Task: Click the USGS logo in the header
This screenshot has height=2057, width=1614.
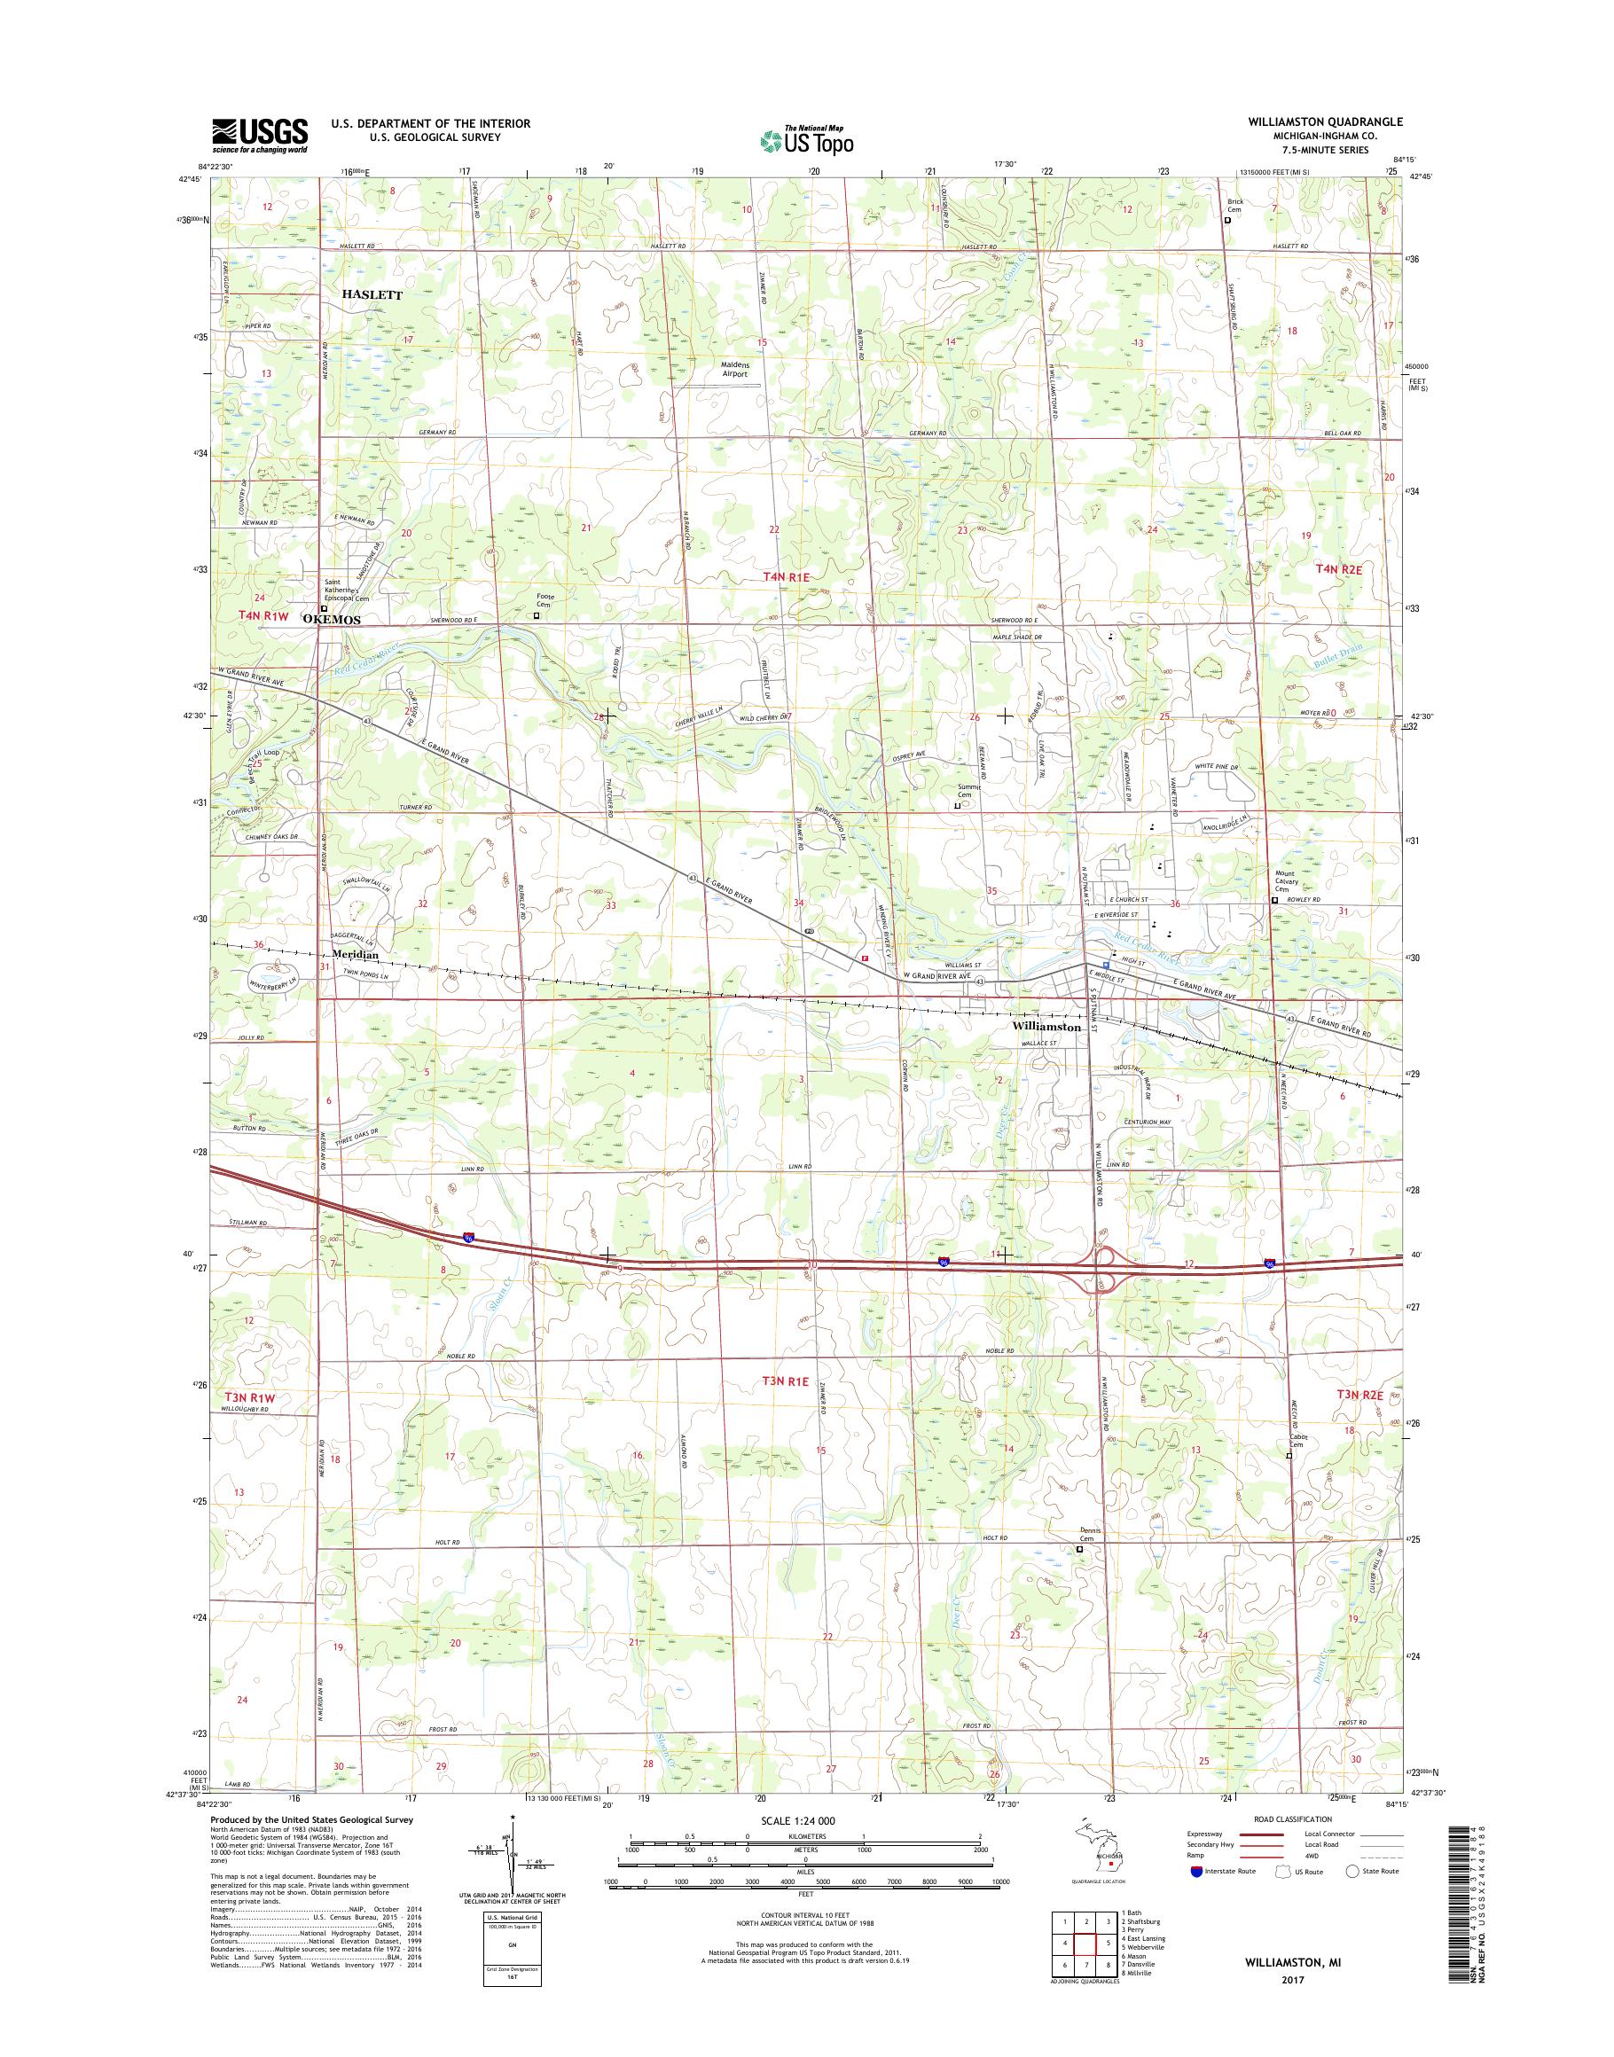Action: [259, 136]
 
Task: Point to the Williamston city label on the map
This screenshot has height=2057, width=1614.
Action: [1046, 1025]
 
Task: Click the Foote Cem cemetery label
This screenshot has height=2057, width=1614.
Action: [546, 600]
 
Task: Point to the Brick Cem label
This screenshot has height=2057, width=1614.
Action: [1235, 206]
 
